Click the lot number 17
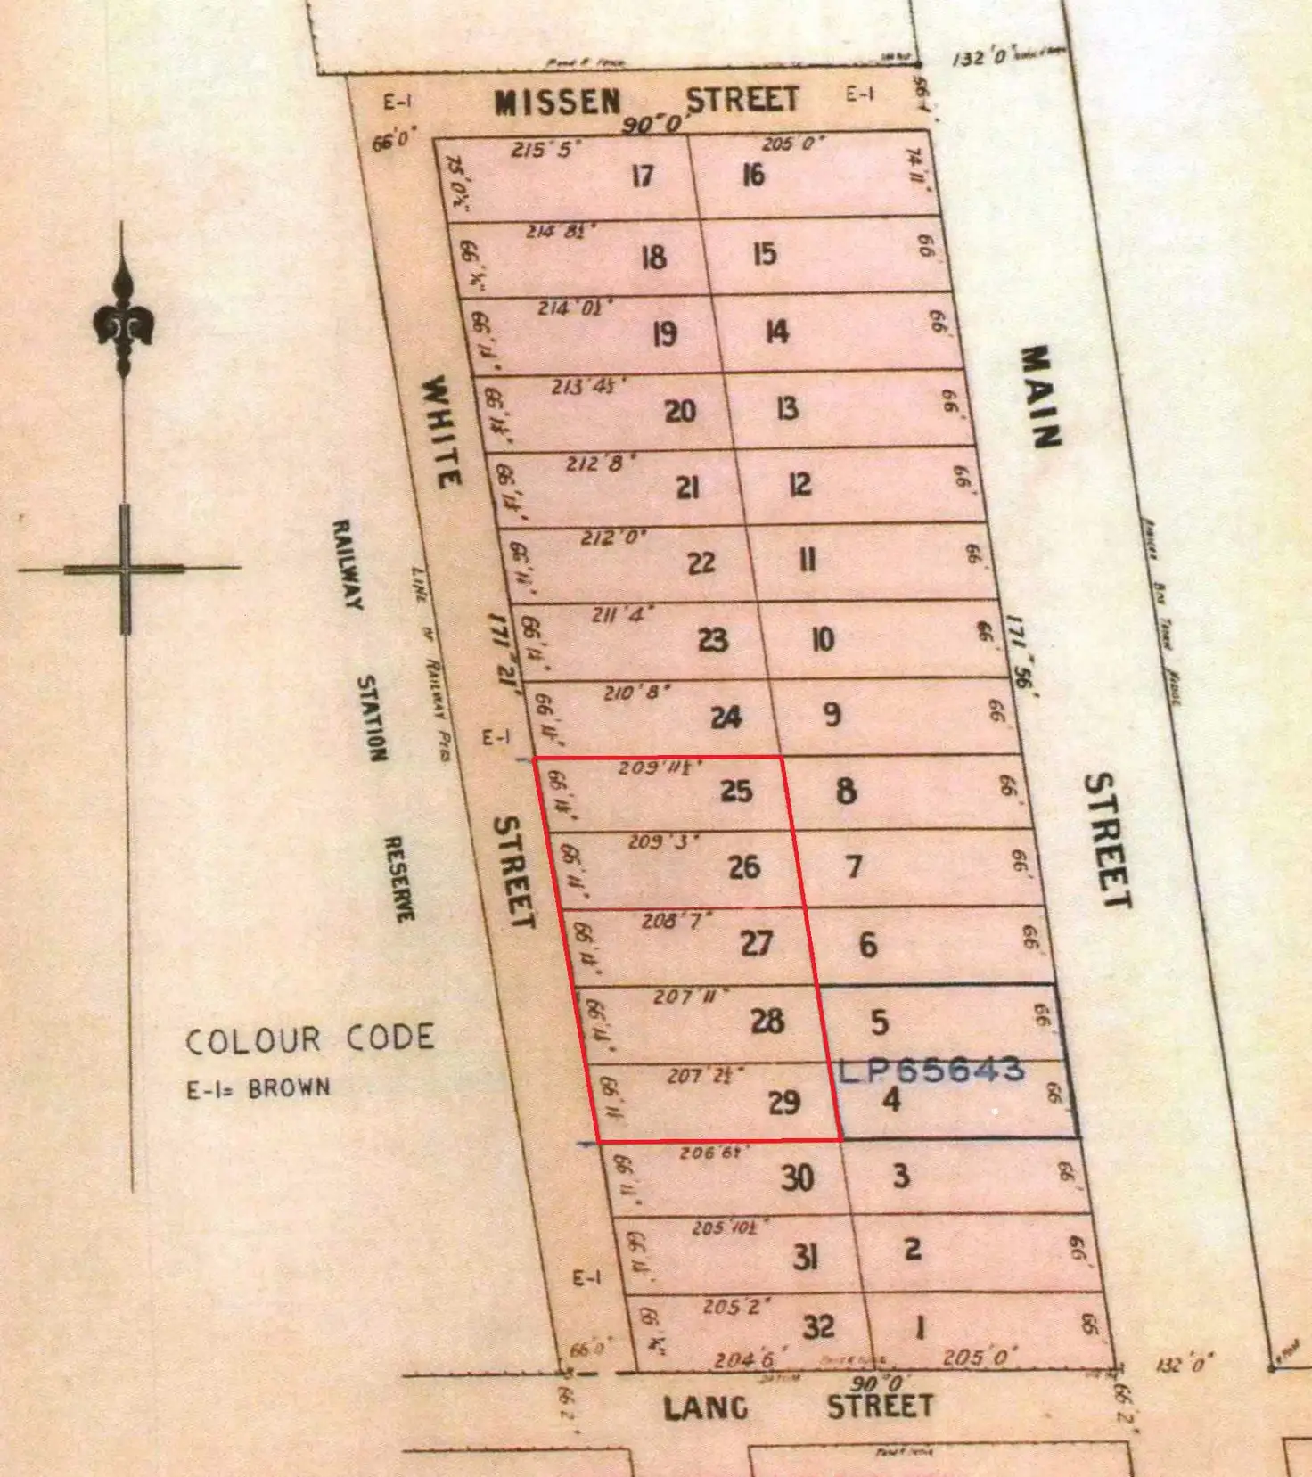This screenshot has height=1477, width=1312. point(642,176)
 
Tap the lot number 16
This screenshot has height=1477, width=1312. point(753,175)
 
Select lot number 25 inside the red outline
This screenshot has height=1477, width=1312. point(736,792)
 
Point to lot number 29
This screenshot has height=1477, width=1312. point(783,1104)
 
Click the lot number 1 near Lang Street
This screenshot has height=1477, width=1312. point(921,1328)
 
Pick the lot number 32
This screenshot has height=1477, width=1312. point(818,1327)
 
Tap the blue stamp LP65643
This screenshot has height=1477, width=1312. point(931,1069)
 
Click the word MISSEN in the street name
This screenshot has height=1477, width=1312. point(558,103)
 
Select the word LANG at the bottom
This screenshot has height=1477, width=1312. point(705,1408)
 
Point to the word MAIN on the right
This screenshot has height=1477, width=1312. point(1040,397)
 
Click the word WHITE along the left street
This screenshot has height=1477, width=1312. point(441,431)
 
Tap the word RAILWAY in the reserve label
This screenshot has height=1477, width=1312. point(348,565)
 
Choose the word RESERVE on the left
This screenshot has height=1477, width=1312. point(398,879)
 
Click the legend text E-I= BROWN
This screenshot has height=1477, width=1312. point(258,1088)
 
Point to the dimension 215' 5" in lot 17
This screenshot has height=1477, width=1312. point(541,149)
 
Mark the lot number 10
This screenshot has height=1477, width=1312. point(822,639)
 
